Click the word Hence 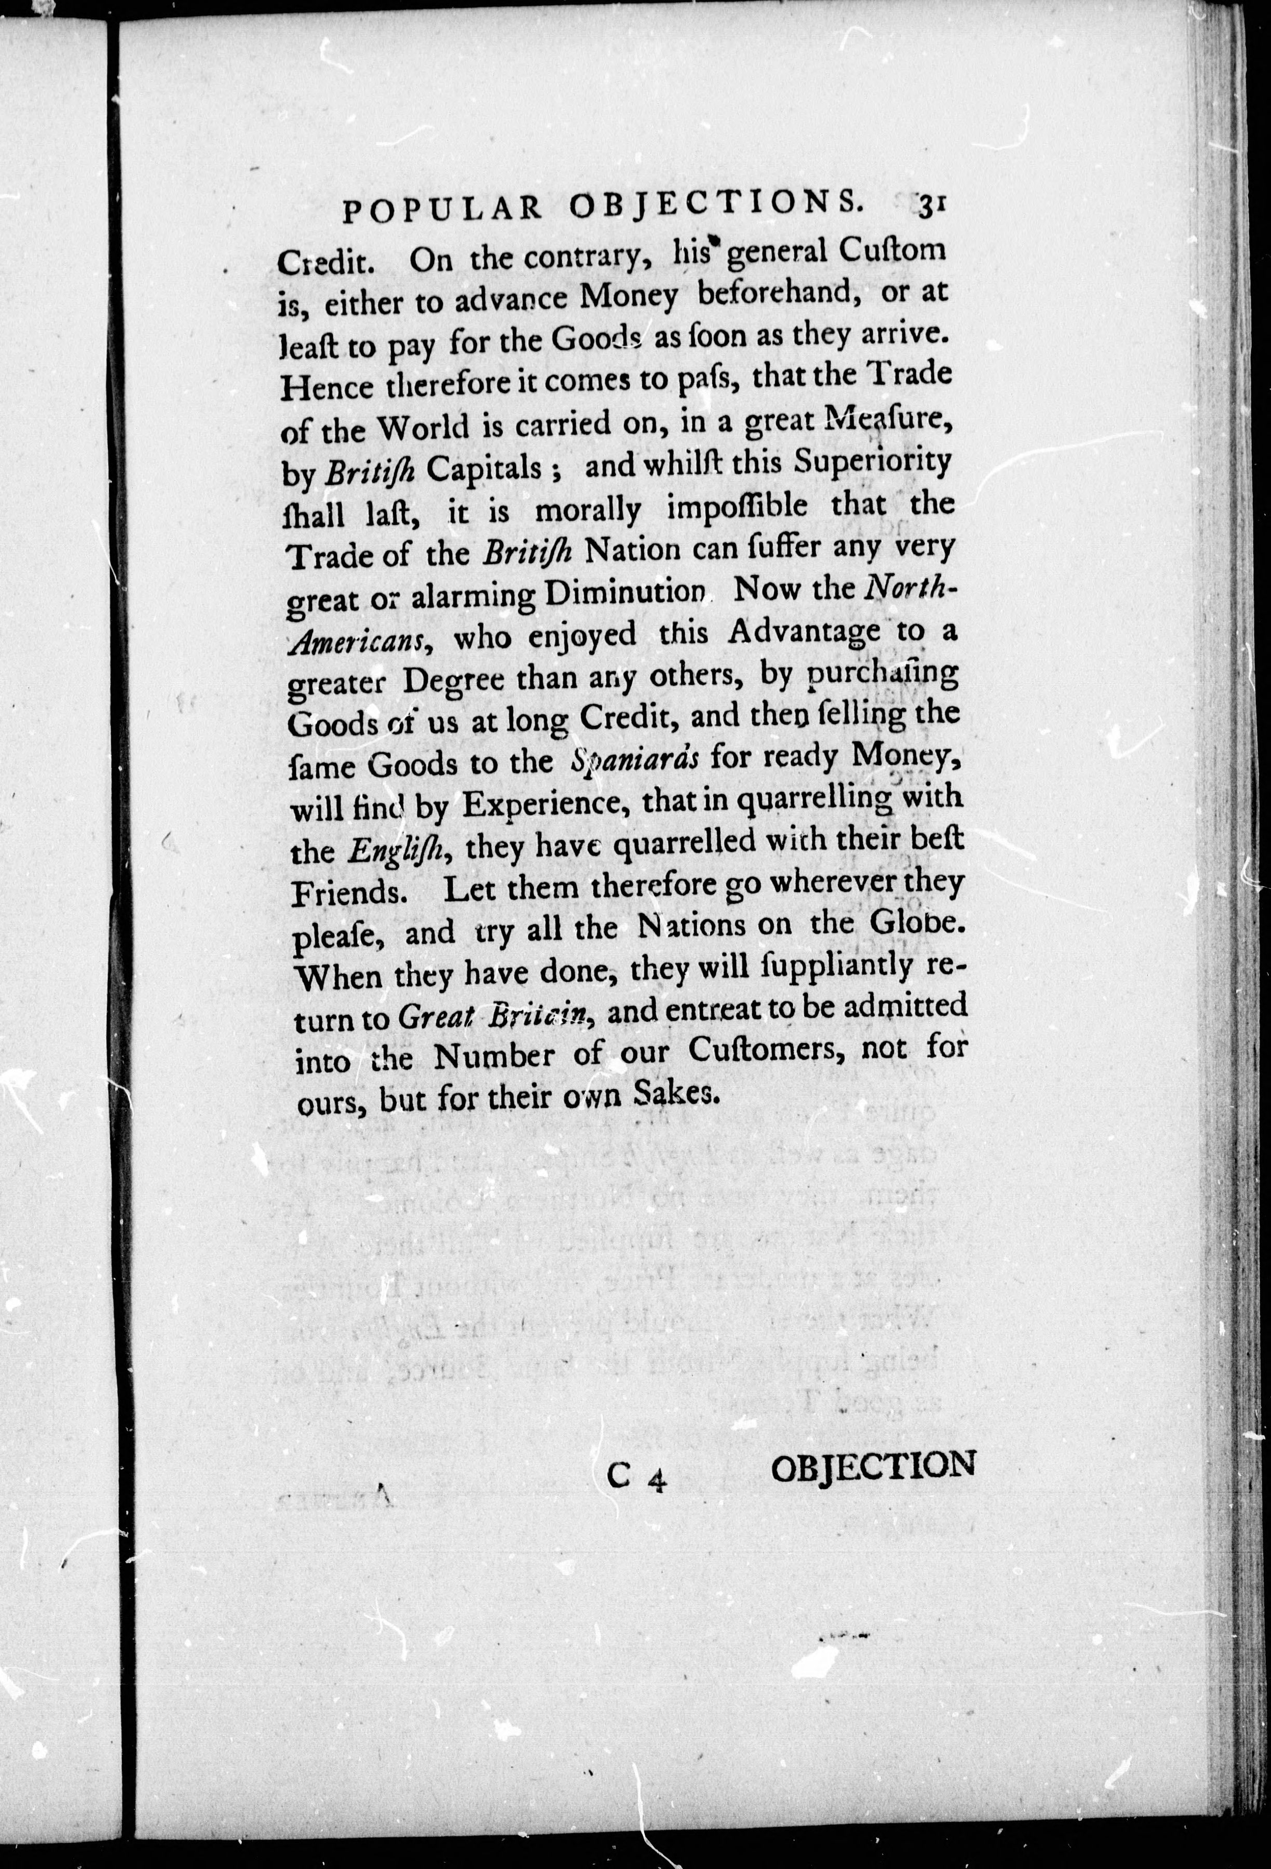[x=328, y=387]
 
